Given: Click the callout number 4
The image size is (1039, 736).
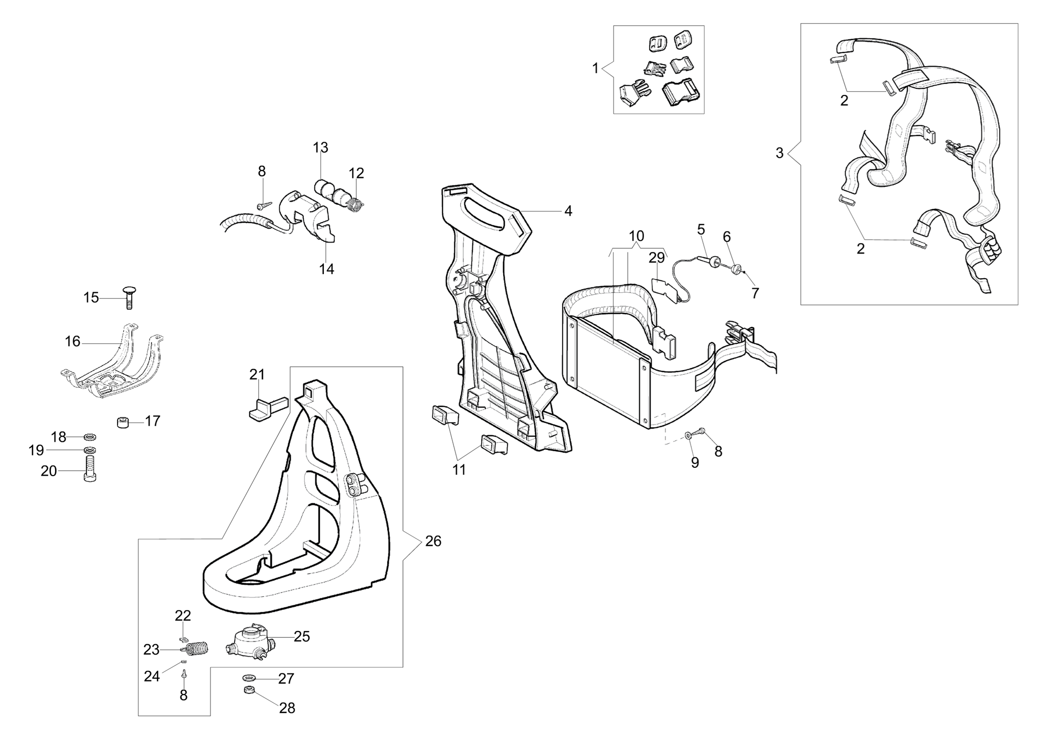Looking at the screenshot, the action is pyautogui.click(x=568, y=211).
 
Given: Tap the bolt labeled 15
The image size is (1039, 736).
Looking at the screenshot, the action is pyautogui.click(x=129, y=298).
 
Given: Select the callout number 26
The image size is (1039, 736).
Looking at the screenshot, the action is pyautogui.click(x=433, y=541).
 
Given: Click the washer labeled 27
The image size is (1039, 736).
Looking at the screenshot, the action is pyautogui.click(x=249, y=678).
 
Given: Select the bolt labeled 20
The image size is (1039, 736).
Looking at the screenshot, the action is pyautogui.click(x=90, y=469).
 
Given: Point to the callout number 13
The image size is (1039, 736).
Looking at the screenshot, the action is pyautogui.click(x=321, y=148).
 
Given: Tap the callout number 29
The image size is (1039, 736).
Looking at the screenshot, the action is pyautogui.click(x=656, y=258).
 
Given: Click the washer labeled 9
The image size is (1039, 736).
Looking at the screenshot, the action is pyautogui.click(x=688, y=435).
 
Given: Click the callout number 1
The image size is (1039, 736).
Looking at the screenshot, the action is pyautogui.click(x=595, y=68).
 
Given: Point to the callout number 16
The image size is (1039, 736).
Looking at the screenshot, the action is pyautogui.click(x=72, y=342).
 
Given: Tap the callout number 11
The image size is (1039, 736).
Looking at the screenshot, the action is pyautogui.click(x=459, y=470).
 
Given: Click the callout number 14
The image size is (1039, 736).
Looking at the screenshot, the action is pyautogui.click(x=326, y=269).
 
